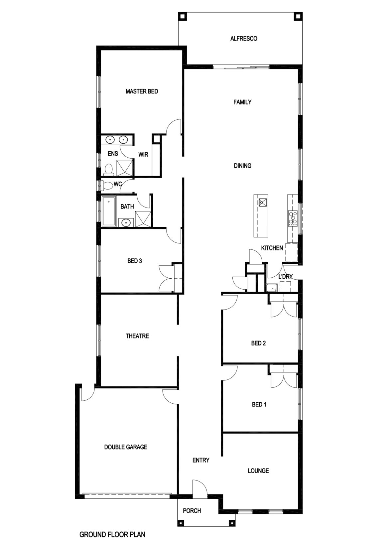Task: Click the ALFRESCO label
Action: (x=244, y=39)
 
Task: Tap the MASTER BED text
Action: (x=142, y=91)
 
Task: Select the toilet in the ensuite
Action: (x=108, y=170)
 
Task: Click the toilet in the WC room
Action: (x=107, y=185)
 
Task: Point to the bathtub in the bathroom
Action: (x=109, y=211)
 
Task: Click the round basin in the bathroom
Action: (x=126, y=223)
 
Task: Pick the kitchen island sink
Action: (x=263, y=202)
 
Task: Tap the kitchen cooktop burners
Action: (x=293, y=218)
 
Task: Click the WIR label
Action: (x=143, y=155)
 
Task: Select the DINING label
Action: (x=242, y=166)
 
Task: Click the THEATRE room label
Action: (x=137, y=336)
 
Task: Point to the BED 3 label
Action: (x=135, y=261)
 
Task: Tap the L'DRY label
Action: (x=285, y=276)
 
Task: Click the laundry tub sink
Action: (x=272, y=288)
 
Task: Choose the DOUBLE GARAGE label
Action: (x=126, y=447)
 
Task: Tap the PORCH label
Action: (x=192, y=511)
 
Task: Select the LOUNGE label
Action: (x=258, y=471)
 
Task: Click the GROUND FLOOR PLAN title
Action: (x=112, y=535)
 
